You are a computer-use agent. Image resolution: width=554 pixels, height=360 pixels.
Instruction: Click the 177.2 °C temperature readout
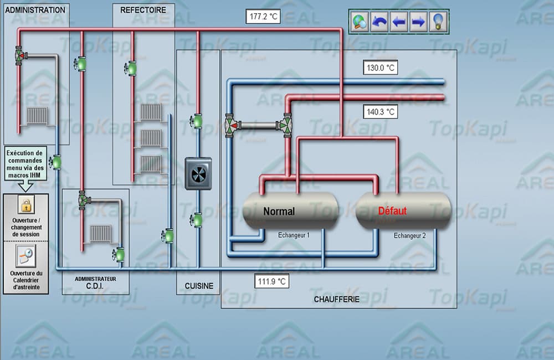[x=263, y=17]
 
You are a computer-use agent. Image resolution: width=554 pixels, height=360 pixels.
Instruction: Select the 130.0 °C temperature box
[x=381, y=68]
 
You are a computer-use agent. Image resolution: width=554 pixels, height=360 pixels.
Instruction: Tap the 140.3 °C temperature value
[x=381, y=111]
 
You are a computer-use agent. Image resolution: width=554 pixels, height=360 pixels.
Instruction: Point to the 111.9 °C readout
[x=272, y=281]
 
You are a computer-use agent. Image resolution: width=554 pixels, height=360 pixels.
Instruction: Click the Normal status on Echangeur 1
[x=279, y=211]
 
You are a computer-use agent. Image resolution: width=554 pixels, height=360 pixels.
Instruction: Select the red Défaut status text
[x=392, y=211]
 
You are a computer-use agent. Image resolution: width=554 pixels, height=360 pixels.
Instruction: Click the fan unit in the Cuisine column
[x=198, y=174]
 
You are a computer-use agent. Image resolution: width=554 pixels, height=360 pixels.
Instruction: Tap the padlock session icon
[x=25, y=206]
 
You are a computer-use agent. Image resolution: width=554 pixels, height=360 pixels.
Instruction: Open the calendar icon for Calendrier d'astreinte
[x=25, y=255]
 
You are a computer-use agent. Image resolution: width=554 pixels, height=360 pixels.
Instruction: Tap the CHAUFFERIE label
[x=337, y=299]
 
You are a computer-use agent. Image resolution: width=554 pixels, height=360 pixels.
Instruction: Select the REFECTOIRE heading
[x=143, y=10]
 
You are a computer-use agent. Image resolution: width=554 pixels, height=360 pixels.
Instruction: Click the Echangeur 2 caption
[x=410, y=235]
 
